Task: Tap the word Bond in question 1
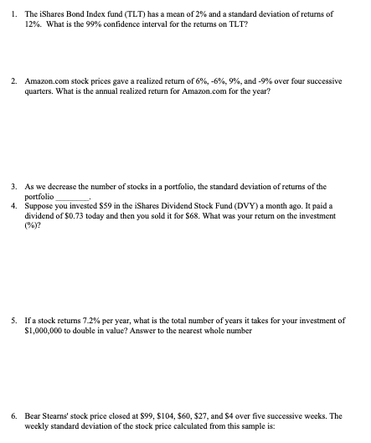click(85, 15)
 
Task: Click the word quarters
click(39, 93)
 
